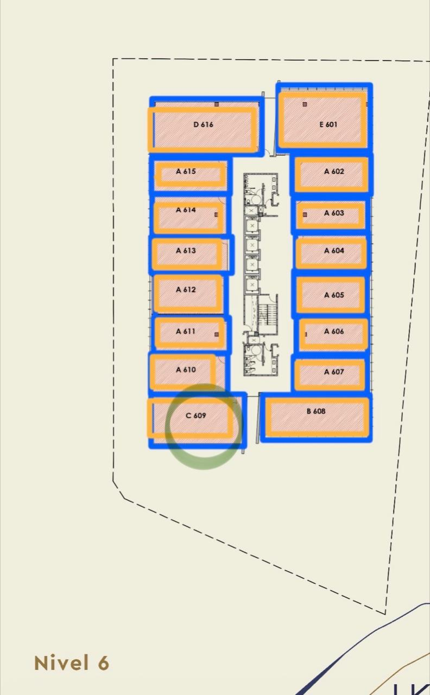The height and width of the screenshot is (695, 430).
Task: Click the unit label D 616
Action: (x=203, y=124)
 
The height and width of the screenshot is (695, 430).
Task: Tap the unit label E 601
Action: (x=328, y=124)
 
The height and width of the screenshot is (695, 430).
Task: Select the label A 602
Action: (x=334, y=171)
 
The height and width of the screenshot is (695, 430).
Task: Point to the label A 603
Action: (x=334, y=213)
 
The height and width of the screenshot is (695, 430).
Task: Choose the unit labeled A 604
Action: (x=334, y=250)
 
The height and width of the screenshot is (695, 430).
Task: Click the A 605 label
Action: (x=334, y=295)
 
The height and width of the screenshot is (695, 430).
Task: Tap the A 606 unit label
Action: (x=334, y=331)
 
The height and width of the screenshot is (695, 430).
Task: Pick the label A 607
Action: (x=334, y=372)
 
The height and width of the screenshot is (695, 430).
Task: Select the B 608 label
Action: (x=316, y=411)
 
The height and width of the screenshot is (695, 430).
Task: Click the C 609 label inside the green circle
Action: (x=196, y=415)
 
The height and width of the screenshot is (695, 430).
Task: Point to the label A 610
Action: (x=186, y=370)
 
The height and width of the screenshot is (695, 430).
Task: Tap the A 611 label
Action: (x=186, y=331)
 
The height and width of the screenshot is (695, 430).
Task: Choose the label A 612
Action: (x=186, y=289)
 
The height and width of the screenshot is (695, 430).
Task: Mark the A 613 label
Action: (x=186, y=250)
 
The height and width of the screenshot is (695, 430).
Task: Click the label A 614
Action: (x=186, y=210)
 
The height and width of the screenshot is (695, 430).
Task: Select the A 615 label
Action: (x=186, y=171)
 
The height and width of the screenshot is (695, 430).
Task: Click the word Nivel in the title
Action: (x=61, y=663)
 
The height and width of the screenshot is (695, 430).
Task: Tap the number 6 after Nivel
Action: (x=104, y=663)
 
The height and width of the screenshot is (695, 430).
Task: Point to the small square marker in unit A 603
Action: (x=305, y=214)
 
